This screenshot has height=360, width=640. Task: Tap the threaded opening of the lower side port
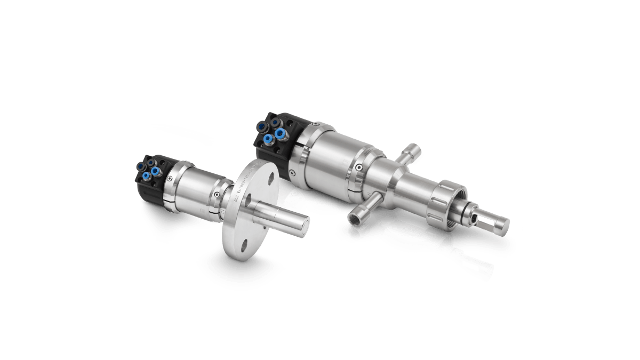[355, 219]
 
